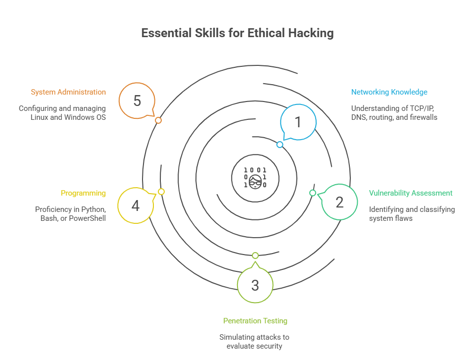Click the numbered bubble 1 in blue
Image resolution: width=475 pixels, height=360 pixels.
[x=298, y=122]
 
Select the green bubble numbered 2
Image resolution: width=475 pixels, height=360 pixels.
[x=339, y=202]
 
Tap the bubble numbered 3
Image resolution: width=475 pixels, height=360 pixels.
[x=255, y=285]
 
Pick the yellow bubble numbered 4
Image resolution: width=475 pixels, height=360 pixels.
[x=135, y=206]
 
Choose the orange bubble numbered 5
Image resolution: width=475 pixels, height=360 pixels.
[x=137, y=101]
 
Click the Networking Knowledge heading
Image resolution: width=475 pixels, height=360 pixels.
[x=389, y=92]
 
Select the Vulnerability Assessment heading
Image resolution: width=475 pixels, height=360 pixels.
[x=411, y=193]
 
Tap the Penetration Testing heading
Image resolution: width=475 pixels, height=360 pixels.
[x=255, y=321]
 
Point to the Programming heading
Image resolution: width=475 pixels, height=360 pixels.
[x=83, y=193]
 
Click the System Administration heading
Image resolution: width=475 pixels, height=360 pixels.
[x=68, y=92]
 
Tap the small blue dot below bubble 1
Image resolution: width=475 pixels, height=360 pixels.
[x=280, y=145]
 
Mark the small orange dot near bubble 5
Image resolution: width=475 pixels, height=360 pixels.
[x=158, y=120]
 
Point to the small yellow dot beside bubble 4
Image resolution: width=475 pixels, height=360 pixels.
[x=161, y=192]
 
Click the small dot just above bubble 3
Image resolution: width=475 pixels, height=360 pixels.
[x=255, y=256]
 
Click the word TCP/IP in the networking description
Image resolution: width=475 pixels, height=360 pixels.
[x=424, y=108]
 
